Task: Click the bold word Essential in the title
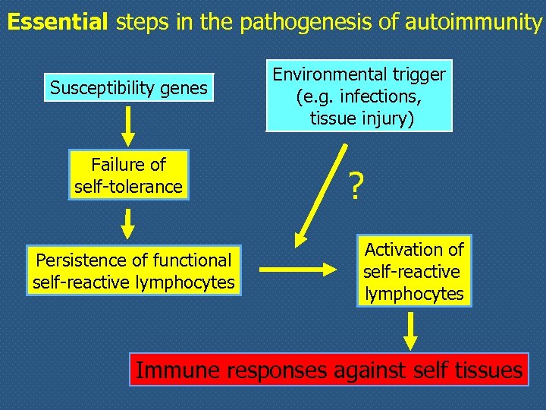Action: tap(58, 21)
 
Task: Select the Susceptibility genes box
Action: tap(128, 88)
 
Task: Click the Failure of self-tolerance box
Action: tap(128, 175)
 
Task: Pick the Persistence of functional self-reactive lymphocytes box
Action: tap(133, 271)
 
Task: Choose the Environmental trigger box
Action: tap(359, 96)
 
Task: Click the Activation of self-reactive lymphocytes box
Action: tap(413, 271)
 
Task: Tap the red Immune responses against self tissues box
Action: tap(328, 371)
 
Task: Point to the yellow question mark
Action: tap(355, 187)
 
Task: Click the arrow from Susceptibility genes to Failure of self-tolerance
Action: tap(128, 125)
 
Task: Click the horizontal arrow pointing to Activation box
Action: tap(297, 269)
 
